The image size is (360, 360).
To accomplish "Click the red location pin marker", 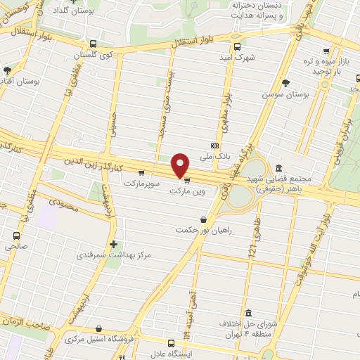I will click(181, 166).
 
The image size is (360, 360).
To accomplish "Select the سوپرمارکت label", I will click(143, 183).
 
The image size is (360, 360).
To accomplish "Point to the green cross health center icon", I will click(113, 244).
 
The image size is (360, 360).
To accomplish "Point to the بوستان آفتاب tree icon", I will click(7, 70).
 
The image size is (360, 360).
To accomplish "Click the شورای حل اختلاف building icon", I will click(248, 313).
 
